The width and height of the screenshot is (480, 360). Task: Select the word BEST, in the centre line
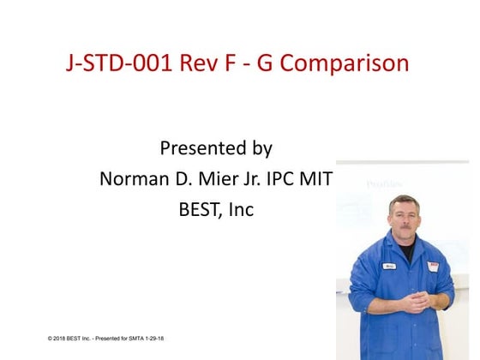click(201, 208)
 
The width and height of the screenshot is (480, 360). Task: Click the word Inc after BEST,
click(241, 208)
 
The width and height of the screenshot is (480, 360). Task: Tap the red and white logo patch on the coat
click(432, 267)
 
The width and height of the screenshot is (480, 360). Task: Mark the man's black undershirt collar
click(406, 250)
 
